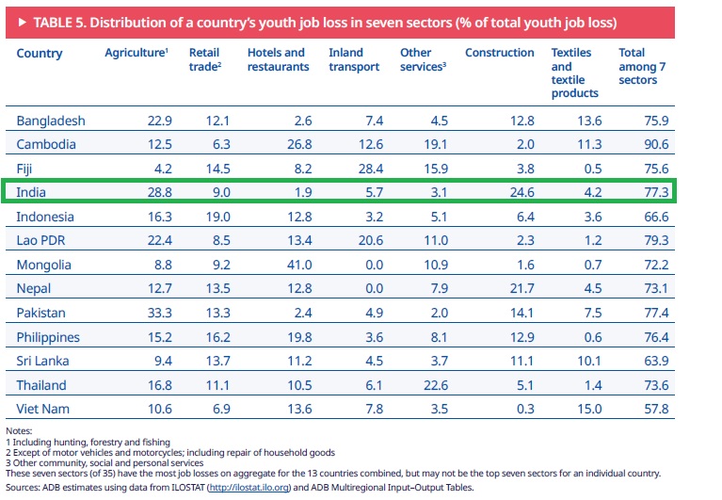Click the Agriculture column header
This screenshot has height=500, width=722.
coord(136,53)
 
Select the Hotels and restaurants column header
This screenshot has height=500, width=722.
coord(278,59)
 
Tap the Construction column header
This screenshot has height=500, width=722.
coord(499,53)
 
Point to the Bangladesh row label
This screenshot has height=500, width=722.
coord(51,121)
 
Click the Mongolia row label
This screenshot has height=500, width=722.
coord(47,266)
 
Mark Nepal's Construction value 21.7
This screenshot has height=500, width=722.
coord(520,289)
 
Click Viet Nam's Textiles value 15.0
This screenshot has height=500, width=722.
coord(586,410)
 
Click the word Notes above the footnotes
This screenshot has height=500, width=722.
coord(19,431)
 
